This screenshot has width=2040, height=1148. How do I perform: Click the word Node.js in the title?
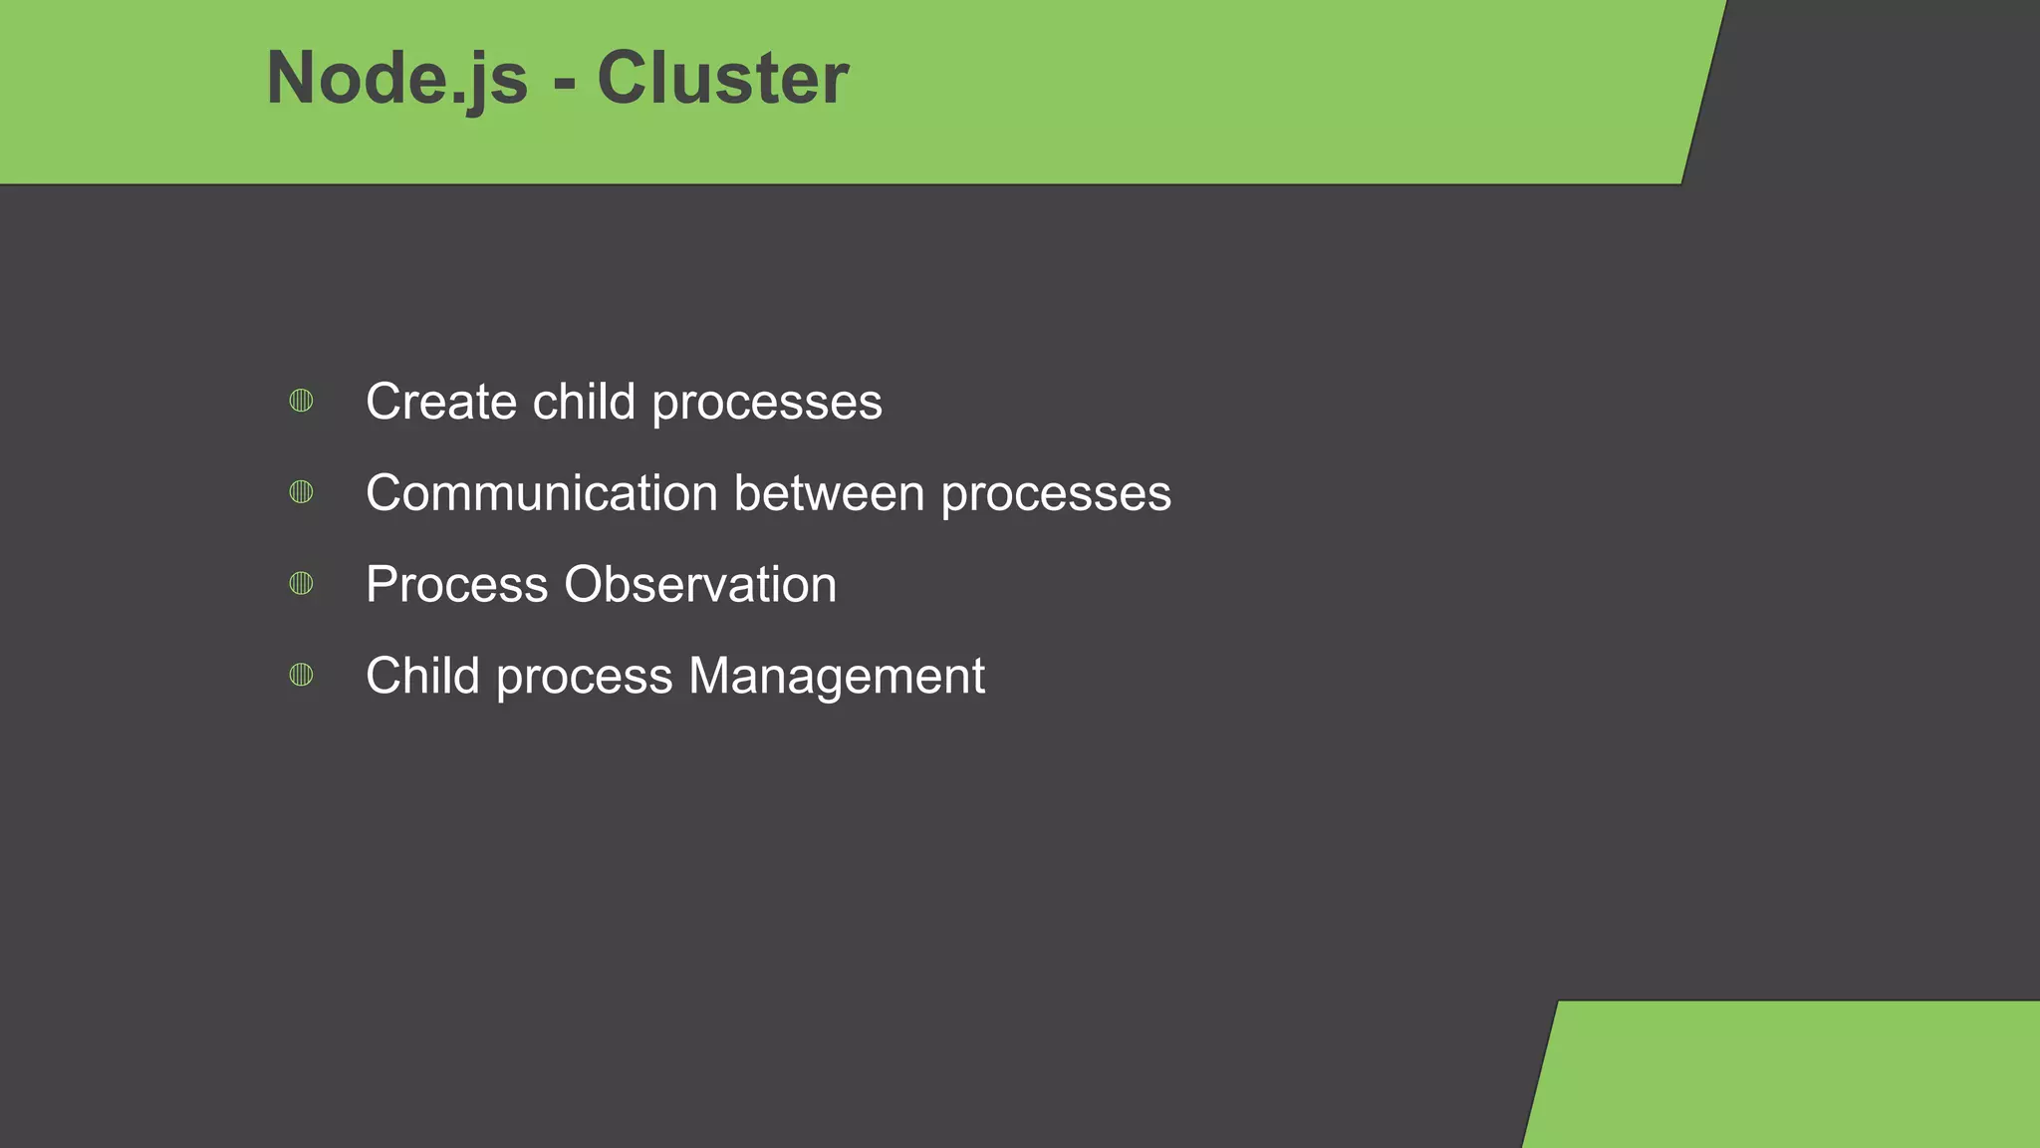(x=396, y=78)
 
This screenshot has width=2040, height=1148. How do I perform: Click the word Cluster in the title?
(x=722, y=78)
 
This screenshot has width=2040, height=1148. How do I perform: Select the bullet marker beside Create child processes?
(x=301, y=401)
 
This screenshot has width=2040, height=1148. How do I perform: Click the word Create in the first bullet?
(x=441, y=402)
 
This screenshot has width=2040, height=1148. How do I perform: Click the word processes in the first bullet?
(x=767, y=404)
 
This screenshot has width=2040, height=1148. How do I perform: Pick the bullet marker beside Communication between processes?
(x=301, y=491)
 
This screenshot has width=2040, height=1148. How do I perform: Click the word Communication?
(x=541, y=493)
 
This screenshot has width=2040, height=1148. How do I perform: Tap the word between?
(x=829, y=493)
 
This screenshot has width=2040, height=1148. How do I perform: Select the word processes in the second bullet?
(x=1056, y=495)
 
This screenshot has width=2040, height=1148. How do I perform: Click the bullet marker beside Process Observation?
(x=301, y=583)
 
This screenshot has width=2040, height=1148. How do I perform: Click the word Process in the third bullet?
(x=456, y=585)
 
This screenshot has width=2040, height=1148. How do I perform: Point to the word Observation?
(x=700, y=585)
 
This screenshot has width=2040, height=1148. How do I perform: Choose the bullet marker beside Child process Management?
(x=301, y=675)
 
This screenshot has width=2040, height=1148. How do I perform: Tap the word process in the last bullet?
(x=584, y=678)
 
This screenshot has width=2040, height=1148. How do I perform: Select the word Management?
(x=837, y=678)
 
